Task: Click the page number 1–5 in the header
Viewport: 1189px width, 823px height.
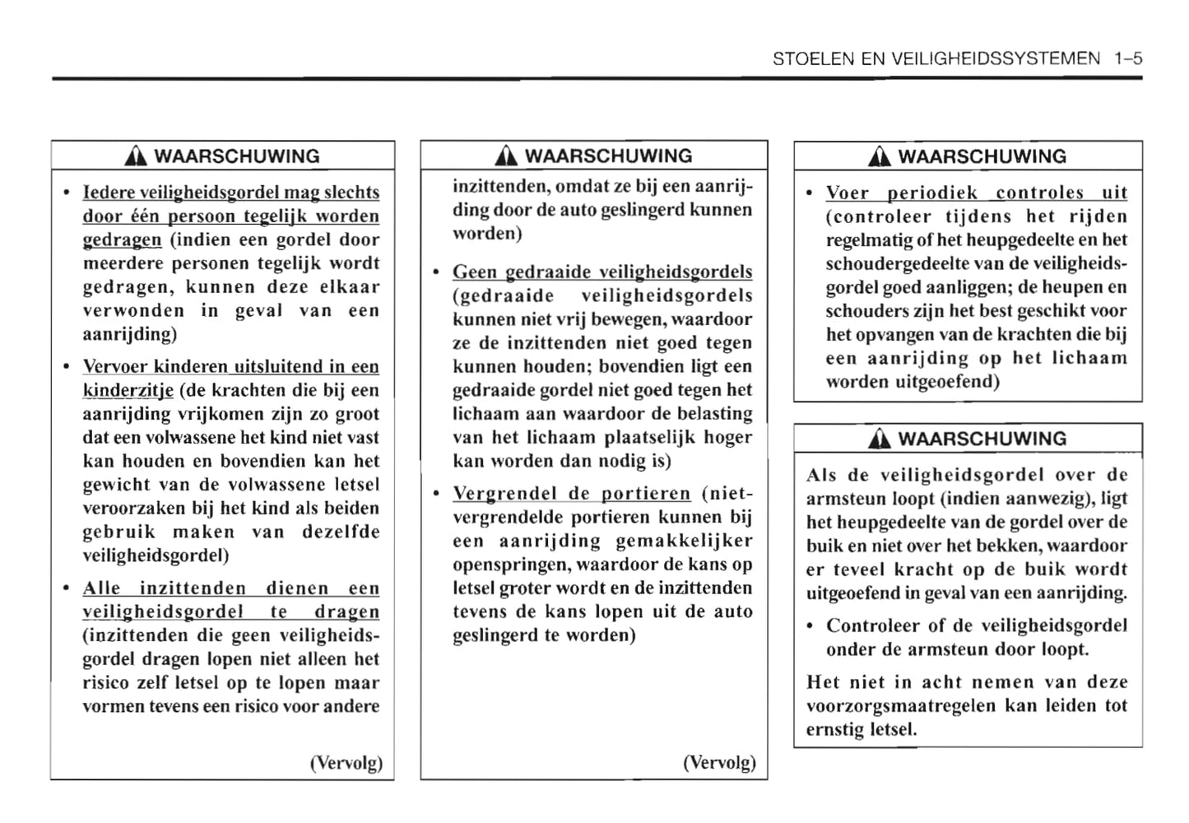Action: coord(1128,59)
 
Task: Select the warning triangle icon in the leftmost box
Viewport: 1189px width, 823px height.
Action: coord(137,157)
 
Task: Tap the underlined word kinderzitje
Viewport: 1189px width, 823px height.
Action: coord(128,391)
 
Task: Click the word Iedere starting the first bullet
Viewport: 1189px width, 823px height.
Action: coord(109,193)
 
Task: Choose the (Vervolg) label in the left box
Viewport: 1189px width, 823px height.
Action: coord(346,763)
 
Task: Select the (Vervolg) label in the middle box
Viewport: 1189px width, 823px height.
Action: coord(719,763)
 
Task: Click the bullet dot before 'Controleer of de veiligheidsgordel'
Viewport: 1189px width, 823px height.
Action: coord(811,626)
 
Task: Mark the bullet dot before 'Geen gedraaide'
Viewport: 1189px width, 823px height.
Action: coord(438,272)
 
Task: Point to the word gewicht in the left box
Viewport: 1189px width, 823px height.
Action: coord(110,485)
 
